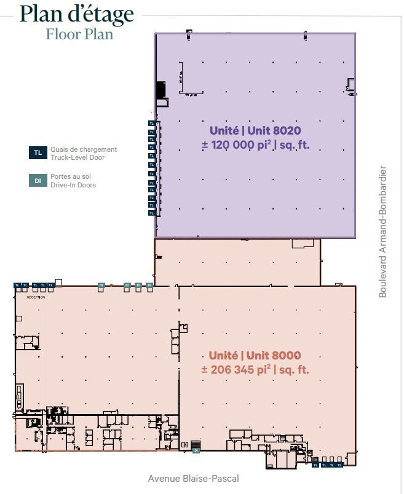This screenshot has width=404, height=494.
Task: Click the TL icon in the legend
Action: point(38,153)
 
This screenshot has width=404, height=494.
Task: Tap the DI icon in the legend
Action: point(38,181)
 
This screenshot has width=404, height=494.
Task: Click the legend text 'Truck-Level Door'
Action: point(77,158)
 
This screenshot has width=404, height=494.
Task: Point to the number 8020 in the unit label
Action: point(288,130)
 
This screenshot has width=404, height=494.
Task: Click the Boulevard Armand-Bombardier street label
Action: point(382,232)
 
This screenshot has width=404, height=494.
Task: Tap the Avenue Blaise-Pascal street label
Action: point(193,478)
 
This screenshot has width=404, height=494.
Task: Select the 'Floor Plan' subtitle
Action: point(79,34)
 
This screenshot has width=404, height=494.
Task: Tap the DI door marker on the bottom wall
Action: point(196,450)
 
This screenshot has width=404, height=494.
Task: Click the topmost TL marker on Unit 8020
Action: point(152,123)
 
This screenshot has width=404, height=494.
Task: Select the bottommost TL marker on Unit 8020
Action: point(152,213)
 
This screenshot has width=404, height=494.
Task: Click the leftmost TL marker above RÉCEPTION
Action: point(17,285)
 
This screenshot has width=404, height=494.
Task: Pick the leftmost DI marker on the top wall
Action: point(101,285)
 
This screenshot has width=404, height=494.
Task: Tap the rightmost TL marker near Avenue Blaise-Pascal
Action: point(341,465)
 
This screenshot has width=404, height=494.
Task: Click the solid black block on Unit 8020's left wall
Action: point(161,90)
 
